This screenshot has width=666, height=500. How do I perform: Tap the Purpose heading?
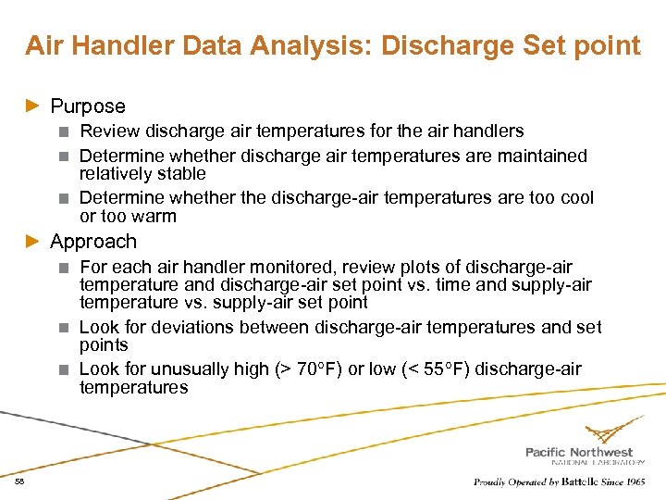[88, 106]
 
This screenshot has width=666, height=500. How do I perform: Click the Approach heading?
[93, 242]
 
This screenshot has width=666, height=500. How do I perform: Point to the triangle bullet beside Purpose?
[33, 106]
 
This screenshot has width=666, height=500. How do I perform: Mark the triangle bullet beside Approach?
[33, 242]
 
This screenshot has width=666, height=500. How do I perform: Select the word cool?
[575, 198]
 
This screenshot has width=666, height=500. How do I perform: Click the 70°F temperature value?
[313, 369]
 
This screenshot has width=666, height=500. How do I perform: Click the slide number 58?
[19, 482]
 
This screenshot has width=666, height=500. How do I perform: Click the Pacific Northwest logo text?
[585, 452]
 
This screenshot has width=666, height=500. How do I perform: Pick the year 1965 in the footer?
[635, 482]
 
